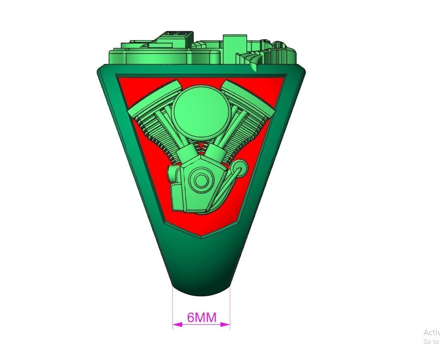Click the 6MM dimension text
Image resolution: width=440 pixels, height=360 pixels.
(202, 317)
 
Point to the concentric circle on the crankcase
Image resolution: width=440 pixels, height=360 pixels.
(202, 180)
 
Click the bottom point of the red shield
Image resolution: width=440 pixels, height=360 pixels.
(201, 237)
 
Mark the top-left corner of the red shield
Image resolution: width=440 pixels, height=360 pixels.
(119, 77)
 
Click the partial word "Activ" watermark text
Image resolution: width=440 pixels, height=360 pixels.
(431, 332)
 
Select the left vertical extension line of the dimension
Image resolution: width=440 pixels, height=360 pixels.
(173, 307)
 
